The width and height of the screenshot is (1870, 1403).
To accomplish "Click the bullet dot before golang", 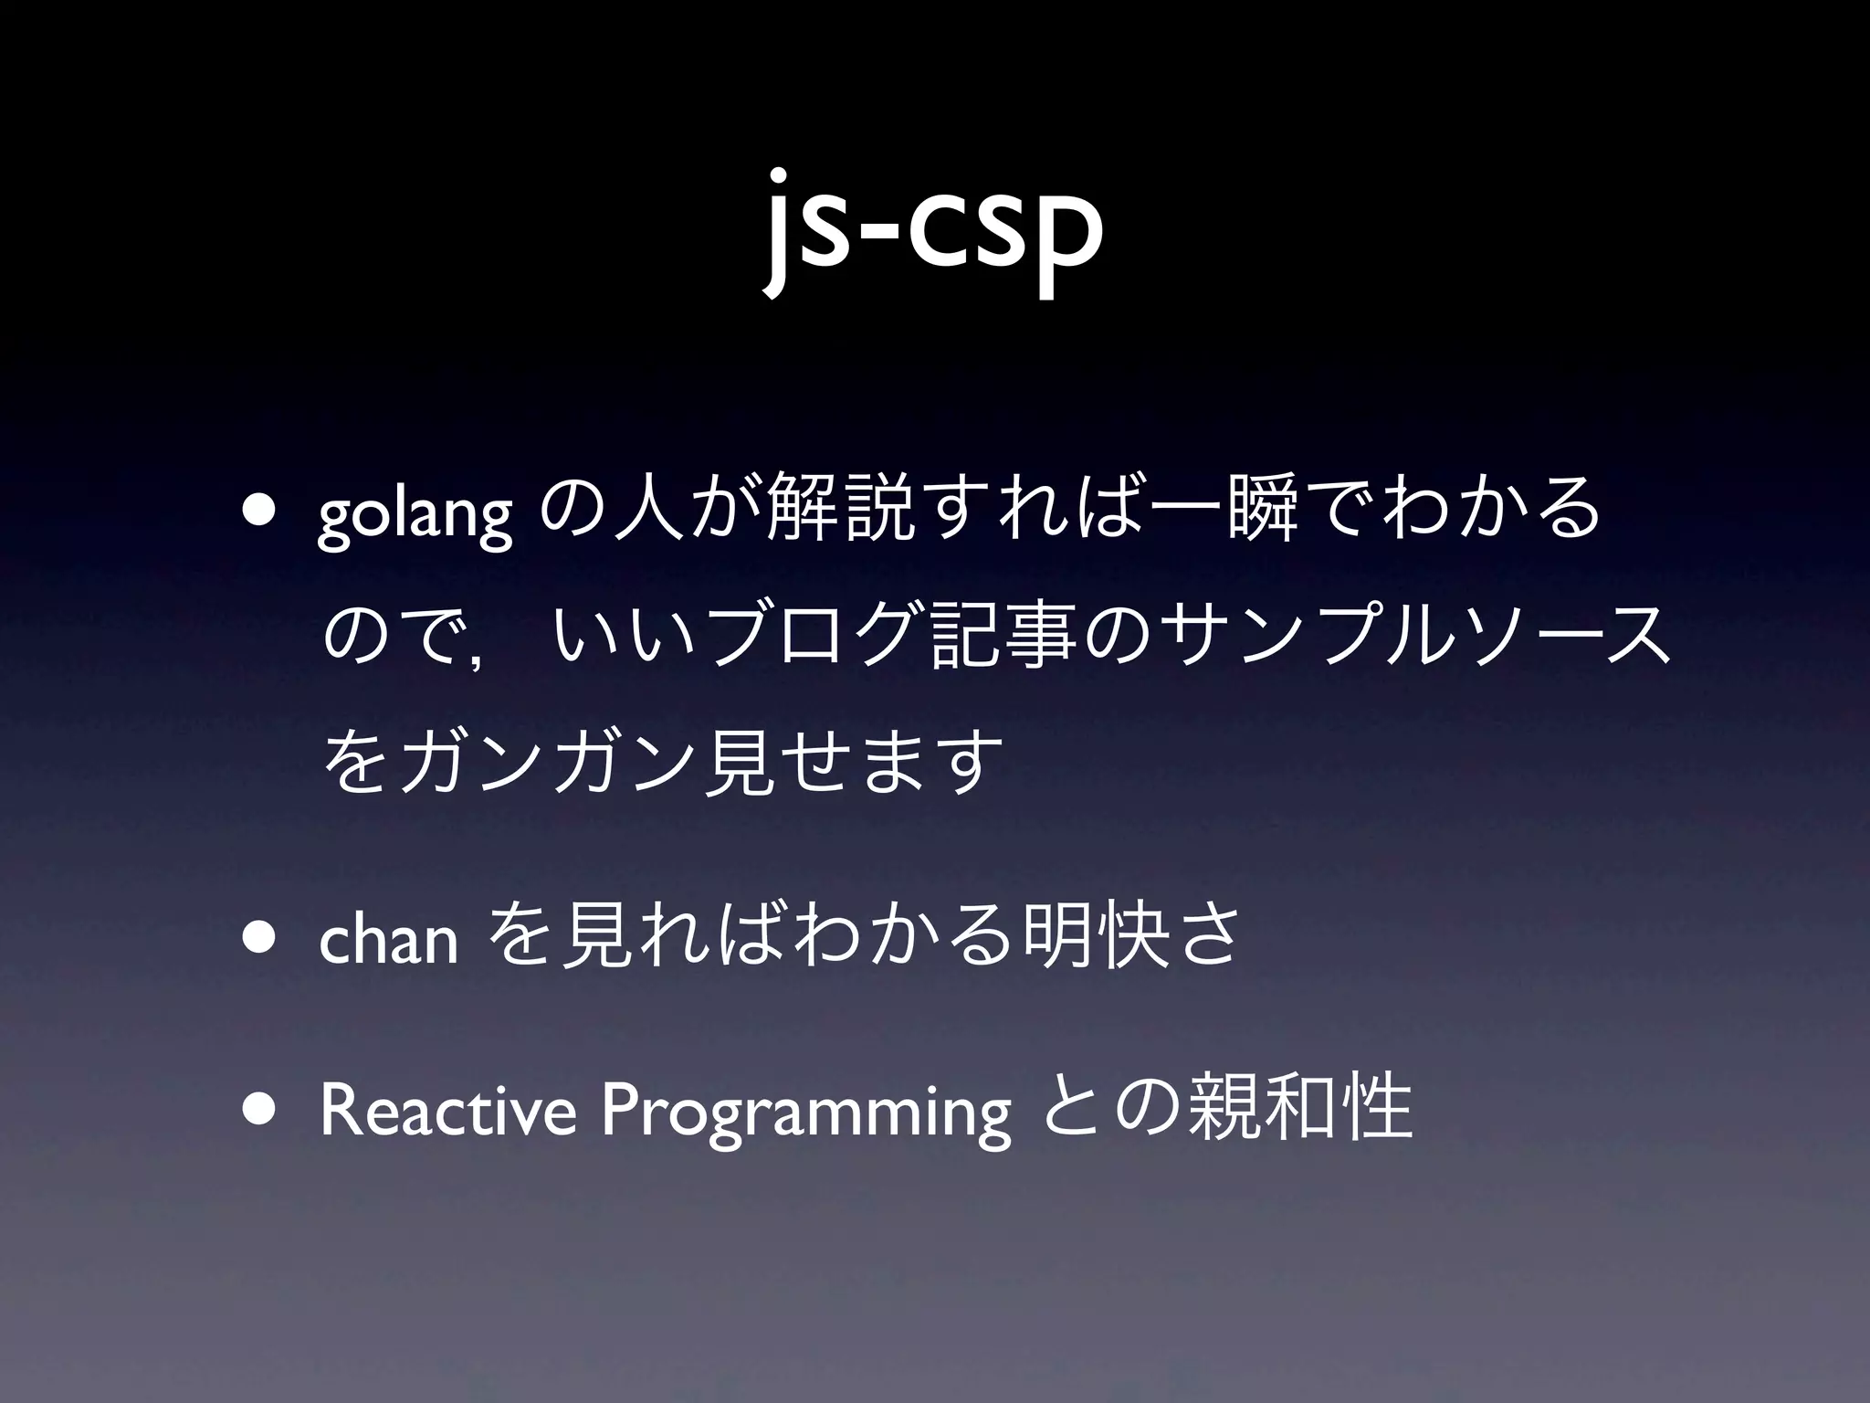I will pos(262,512).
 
